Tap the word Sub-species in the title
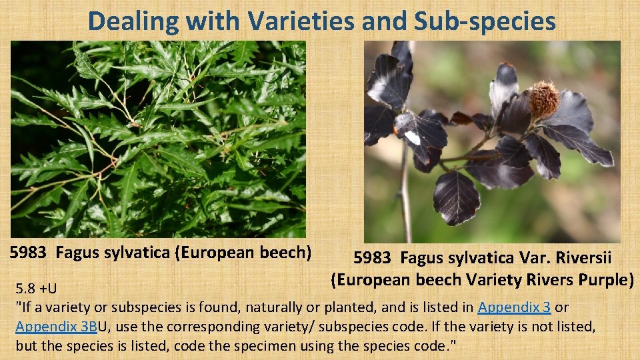click(x=485, y=21)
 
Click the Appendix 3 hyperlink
click(x=514, y=307)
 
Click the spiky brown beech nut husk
click(x=544, y=99)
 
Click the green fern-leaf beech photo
click(x=158, y=139)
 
